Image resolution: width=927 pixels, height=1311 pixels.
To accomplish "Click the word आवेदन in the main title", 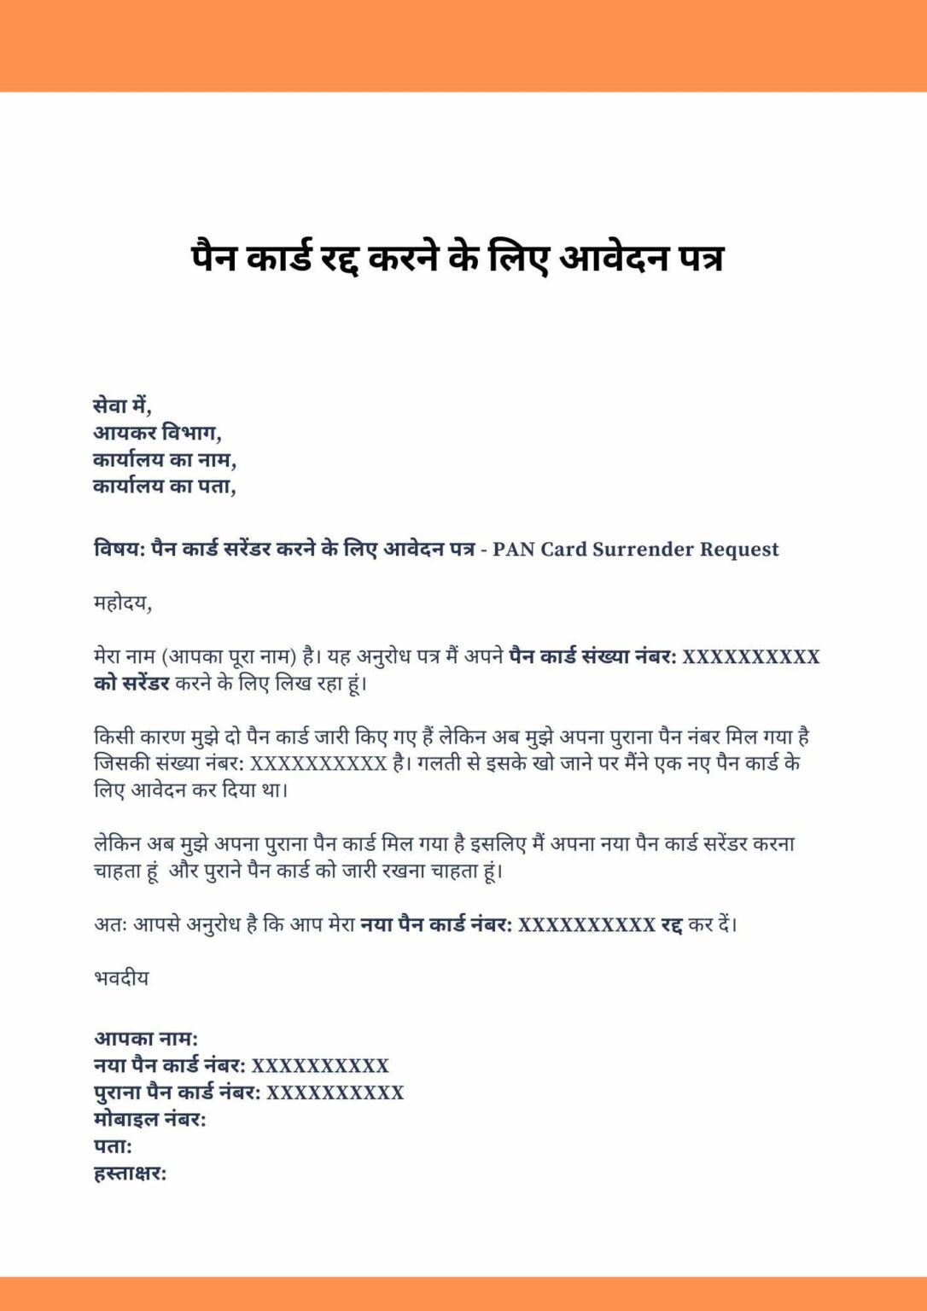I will (613, 258).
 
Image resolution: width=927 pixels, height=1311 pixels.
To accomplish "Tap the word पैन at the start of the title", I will (213, 258).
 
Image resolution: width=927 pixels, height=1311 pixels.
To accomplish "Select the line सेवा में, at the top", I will (122, 406).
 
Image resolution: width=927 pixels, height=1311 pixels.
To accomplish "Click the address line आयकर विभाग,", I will (157, 433).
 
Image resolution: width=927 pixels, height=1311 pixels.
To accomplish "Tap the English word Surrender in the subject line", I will (642, 549).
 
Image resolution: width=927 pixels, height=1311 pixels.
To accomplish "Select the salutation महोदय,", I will (122, 603).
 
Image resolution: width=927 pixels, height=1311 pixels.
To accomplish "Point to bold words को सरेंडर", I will (131, 684).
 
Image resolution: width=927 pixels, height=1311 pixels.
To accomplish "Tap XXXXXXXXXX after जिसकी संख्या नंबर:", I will (318, 763).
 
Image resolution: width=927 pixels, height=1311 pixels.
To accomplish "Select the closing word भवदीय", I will (121, 978).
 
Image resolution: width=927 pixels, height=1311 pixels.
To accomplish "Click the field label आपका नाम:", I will (145, 1039).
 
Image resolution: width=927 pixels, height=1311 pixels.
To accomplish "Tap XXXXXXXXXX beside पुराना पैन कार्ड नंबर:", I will (335, 1092).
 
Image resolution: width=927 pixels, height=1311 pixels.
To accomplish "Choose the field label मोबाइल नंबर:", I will (149, 1119).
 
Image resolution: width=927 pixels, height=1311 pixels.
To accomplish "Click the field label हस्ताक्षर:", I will (130, 1174).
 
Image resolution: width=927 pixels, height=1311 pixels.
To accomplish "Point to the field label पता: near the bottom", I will (113, 1146).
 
